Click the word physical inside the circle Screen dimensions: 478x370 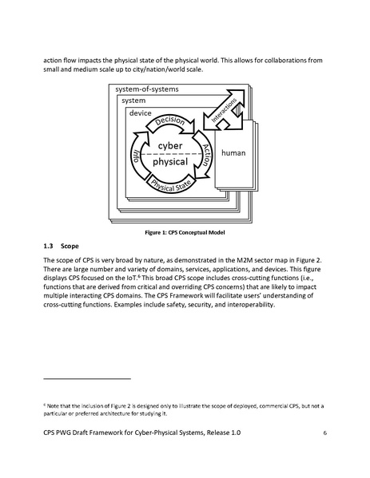(171, 161)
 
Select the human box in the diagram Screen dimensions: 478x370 (233, 152)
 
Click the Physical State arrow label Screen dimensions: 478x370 (177, 188)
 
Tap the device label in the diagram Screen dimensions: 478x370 (141, 113)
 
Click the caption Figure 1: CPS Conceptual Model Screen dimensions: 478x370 (184, 232)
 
